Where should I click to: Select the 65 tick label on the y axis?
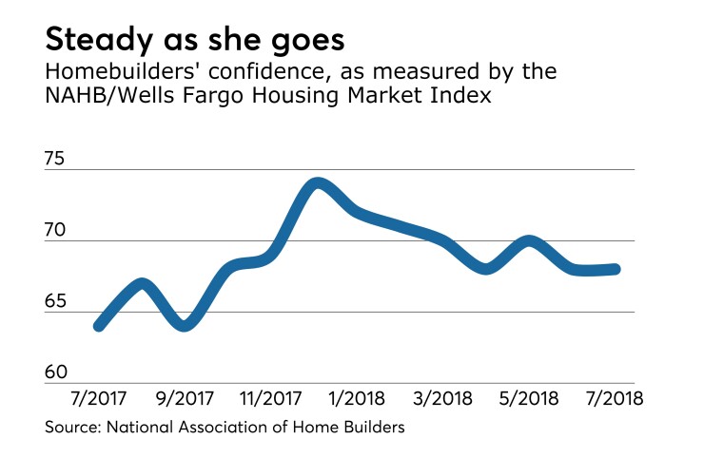57,302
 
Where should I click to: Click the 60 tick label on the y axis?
57,373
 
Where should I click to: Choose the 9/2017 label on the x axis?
185,397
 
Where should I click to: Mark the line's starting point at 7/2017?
98,326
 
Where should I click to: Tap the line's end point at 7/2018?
616,269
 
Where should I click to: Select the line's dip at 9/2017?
185,326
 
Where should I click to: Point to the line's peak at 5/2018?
531,241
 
